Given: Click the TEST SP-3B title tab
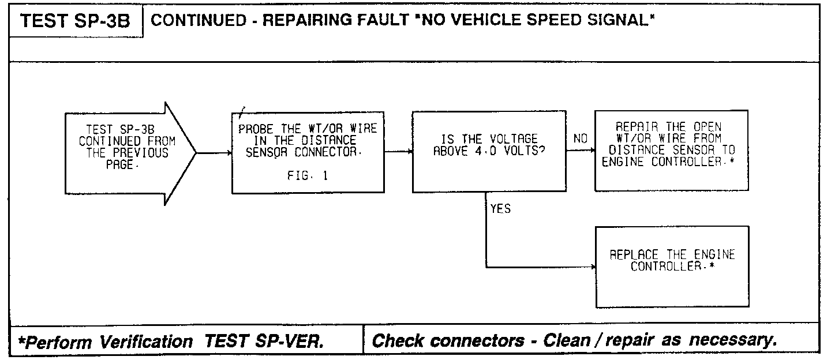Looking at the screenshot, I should [76, 22].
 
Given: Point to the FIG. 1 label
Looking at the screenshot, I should [308, 177].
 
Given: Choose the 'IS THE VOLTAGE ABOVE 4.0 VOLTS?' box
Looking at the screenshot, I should [489, 152].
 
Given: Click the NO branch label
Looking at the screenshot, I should [581, 139].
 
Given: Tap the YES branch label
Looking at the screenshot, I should [500, 209].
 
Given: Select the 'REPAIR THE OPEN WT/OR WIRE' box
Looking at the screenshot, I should [671, 150].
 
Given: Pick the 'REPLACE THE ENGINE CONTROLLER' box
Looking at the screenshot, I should [672, 267].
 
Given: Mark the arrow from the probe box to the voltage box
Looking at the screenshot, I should [398, 152].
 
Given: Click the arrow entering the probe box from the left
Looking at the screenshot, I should [215, 153].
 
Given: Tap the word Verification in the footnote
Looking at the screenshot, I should [148, 342].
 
